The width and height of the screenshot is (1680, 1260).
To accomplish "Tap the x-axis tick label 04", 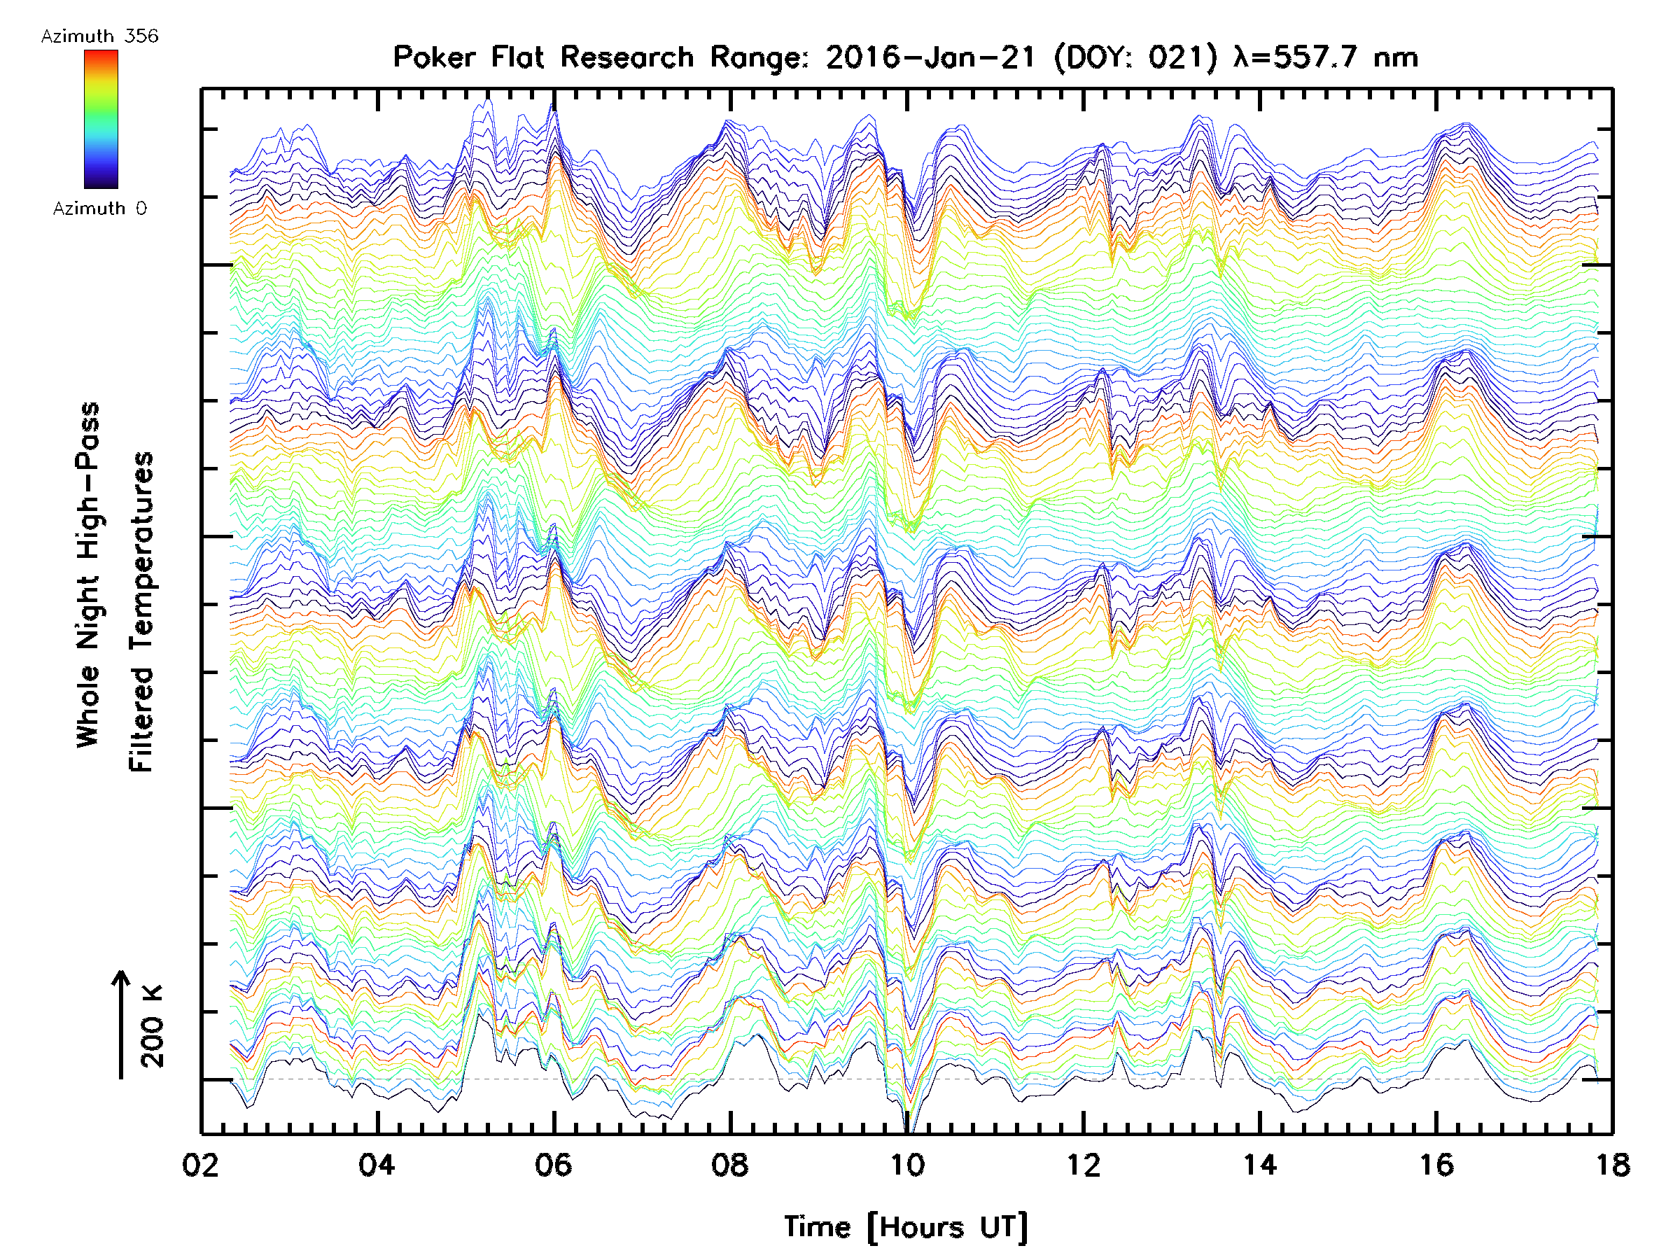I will click(377, 1164).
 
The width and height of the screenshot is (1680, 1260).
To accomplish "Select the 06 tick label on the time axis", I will click(554, 1164).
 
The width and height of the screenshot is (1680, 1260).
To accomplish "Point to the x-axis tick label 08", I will click(730, 1164).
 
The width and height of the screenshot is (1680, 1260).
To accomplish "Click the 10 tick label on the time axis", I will click(906, 1164).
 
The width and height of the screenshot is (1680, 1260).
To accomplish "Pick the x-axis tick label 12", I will click(1083, 1164).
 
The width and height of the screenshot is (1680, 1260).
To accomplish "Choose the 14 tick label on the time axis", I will click(1260, 1164).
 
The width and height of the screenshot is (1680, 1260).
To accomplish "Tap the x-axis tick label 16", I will click(1436, 1164).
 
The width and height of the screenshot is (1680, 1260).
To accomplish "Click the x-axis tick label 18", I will click(1611, 1164).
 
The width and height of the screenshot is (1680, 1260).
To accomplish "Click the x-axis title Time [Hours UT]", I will click(906, 1227).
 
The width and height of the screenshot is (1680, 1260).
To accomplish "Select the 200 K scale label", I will click(152, 1026).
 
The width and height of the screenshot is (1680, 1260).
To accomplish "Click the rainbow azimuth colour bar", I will click(101, 119).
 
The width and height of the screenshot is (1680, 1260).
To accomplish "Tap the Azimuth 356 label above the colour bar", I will click(99, 36).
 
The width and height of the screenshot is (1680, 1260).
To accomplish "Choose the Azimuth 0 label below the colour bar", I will click(99, 208).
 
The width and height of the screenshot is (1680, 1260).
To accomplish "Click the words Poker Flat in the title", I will click(467, 57).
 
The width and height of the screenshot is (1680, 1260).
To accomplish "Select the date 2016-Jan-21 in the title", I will click(930, 57).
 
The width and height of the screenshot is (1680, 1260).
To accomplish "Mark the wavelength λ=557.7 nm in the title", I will click(1326, 57).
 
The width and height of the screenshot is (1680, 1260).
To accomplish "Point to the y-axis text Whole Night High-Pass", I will click(88, 575).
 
